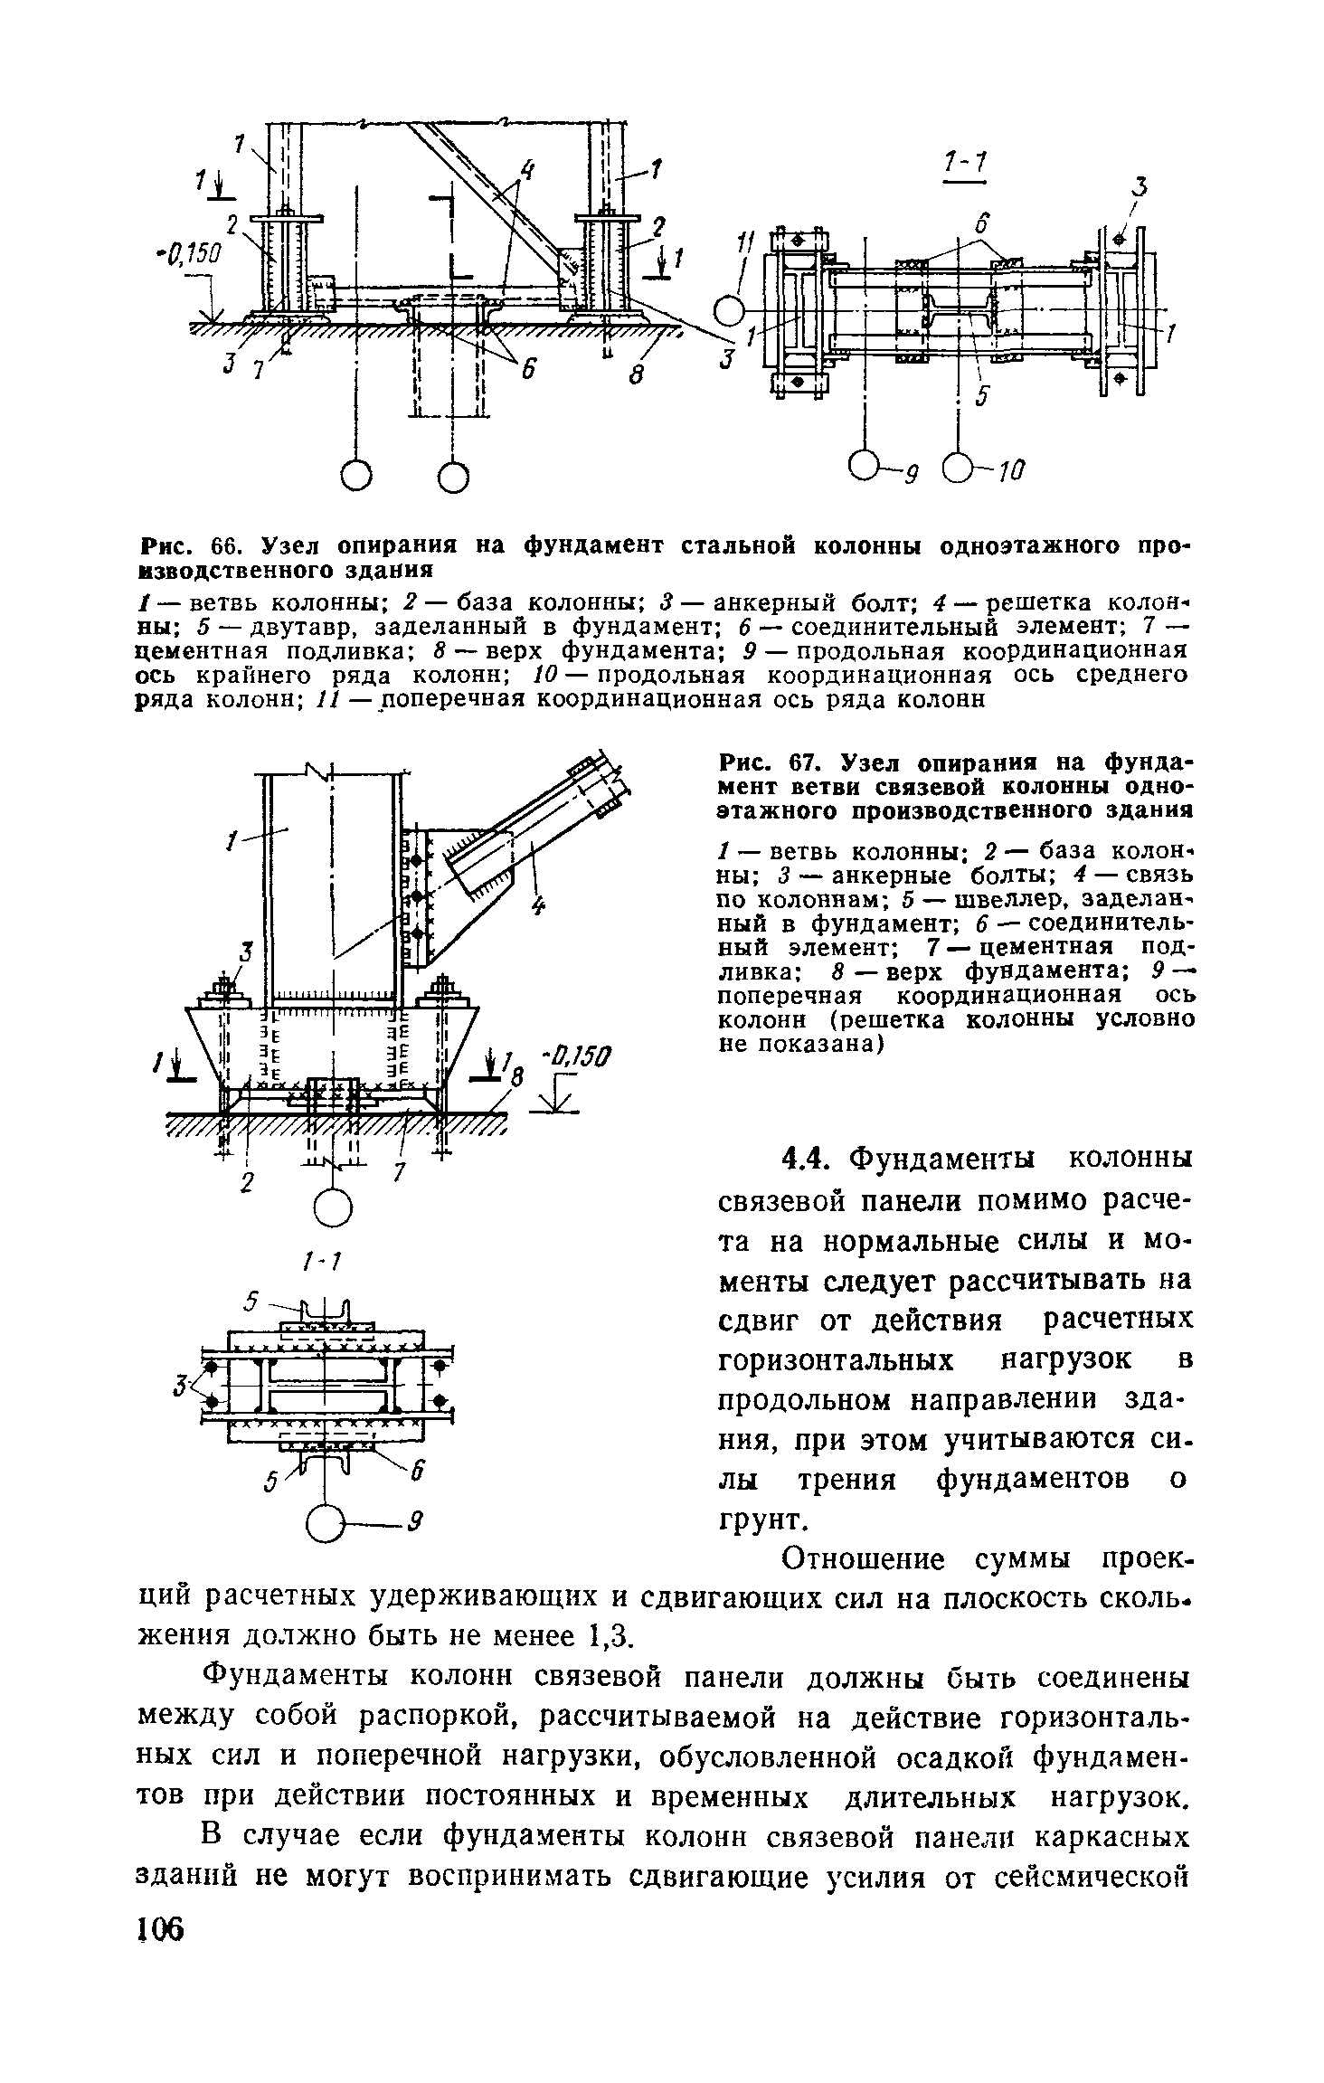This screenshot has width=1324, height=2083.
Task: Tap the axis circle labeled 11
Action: click(x=727, y=312)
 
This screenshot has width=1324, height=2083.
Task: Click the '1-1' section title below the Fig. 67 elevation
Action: click(x=317, y=1261)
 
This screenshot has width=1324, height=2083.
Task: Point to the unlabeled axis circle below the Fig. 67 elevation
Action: click(x=333, y=1206)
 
